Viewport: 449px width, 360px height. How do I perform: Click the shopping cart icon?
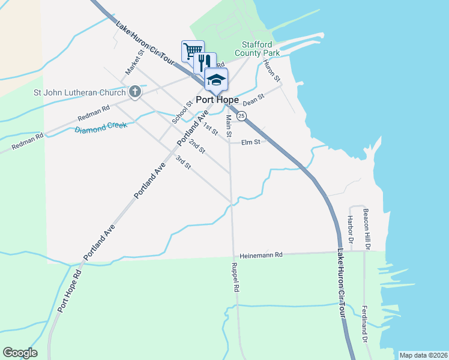pyautogui.click(x=193, y=50)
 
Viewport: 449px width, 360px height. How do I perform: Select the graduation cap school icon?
pyautogui.click(x=216, y=79)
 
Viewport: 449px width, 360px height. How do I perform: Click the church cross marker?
pyautogui.click(x=135, y=92)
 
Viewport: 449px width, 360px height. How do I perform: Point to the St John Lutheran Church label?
pyautogui.click(x=79, y=92)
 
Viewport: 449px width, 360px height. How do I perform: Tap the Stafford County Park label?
pyautogui.click(x=261, y=49)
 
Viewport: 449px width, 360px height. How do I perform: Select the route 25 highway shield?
pyautogui.click(x=241, y=115)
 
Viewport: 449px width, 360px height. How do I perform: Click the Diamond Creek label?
pyautogui.click(x=101, y=128)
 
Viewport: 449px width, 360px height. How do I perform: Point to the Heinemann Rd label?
pyautogui.click(x=261, y=255)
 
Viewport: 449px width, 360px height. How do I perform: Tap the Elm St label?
pyautogui.click(x=251, y=142)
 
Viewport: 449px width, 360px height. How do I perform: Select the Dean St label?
pyautogui.click(x=254, y=100)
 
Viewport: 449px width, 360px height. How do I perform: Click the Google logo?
pyautogui.click(x=20, y=353)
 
